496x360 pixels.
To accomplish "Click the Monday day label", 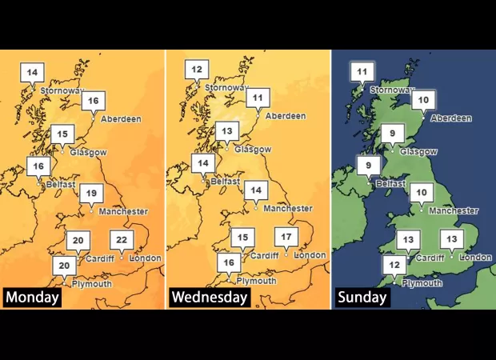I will click(33, 298).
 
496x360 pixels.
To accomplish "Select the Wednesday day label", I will click(210, 298).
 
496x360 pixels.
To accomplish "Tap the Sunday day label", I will click(362, 298).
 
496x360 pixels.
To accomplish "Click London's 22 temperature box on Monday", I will click(122, 239).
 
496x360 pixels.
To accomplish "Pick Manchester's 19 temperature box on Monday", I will click(92, 193).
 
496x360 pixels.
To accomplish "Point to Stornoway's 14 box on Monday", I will click(32, 73).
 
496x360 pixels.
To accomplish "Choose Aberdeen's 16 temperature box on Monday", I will click(94, 101).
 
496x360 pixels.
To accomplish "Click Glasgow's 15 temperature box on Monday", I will click(62, 133).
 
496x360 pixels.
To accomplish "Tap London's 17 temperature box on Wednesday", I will click(286, 237).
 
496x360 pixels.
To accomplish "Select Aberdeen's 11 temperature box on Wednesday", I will click(258, 98).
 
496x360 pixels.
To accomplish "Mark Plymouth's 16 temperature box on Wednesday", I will click(230, 262).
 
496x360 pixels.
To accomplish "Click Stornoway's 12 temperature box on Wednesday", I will click(197, 70).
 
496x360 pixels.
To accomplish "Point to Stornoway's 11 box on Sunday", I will click(362, 72).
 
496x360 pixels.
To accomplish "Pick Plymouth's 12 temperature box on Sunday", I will click(394, 265).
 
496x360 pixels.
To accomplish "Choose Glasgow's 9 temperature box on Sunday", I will click(393, 133).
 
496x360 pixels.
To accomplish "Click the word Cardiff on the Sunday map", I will click(430, 258).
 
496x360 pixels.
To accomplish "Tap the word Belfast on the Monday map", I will click(61, 184).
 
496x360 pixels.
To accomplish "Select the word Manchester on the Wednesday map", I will click(287, 209).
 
